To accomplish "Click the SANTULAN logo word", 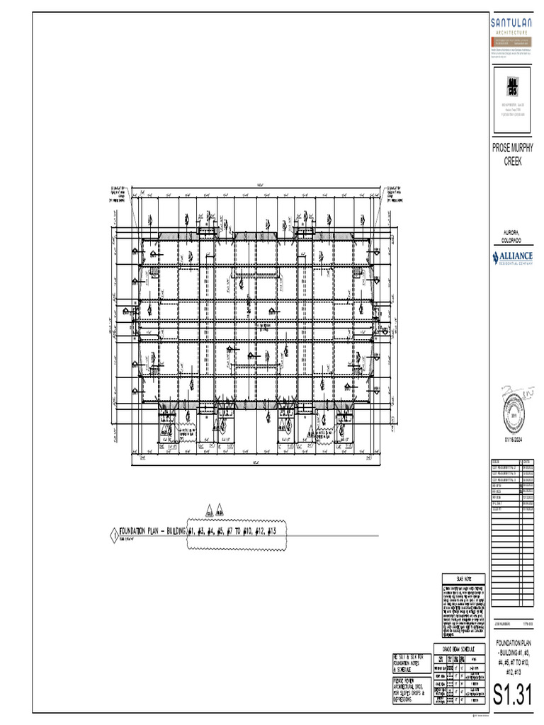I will pyautogui.click(x=512, y=23).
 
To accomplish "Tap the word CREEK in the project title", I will pyautogui.click(x=512, y=161).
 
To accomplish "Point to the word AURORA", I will pyautogui.click(x=511, y=232).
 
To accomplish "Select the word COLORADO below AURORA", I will pyautogui.click(x=511, y=240).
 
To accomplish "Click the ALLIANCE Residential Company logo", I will pyautogui.click(x=512, y=257).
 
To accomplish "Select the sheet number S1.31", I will pyautogui.click(x=512, y=695).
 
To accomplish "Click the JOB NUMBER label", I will pyautogui.click(x=501, y=623).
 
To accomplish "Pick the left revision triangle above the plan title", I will pyautogui.click(x=209, y=510).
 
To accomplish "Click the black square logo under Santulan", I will pyautogui.click(x=512, y=87).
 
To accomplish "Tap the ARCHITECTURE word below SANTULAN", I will pyautogui.click(x=512, y=33).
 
